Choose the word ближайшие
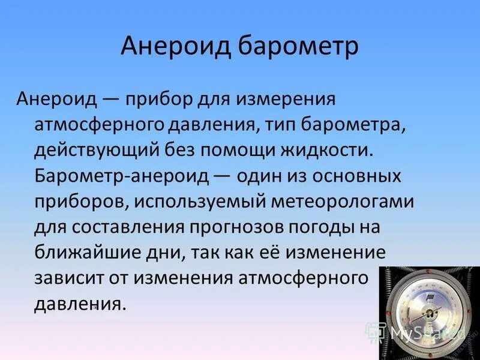pos(75,252)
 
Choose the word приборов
pos(76,201)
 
